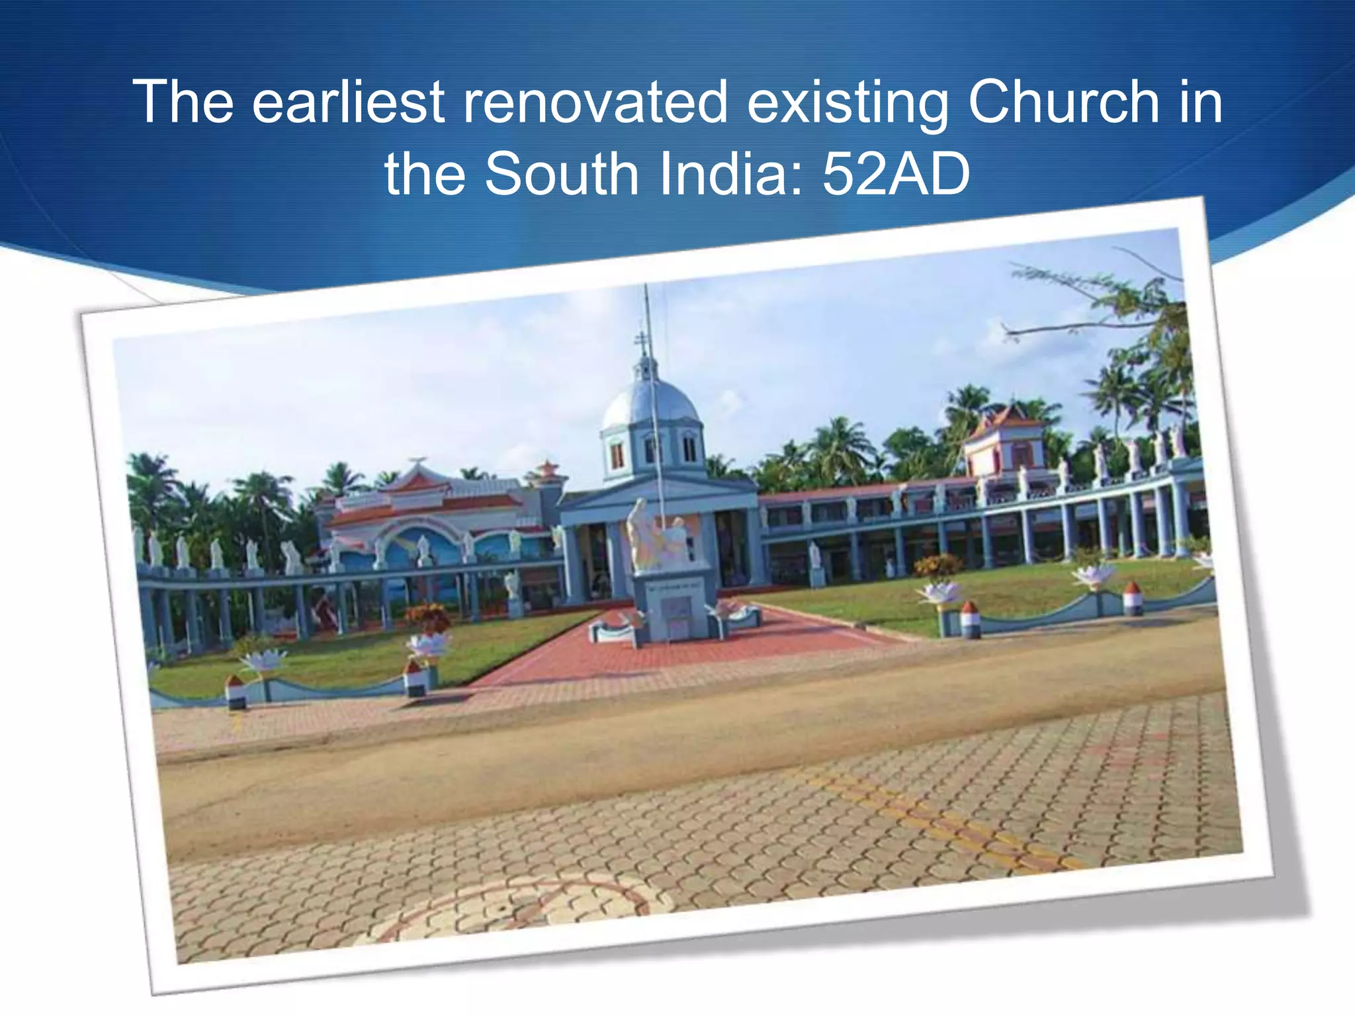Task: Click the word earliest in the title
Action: (347, 103)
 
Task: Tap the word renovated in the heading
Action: (593, 103)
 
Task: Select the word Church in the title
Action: (1063, 103)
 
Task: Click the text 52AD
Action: (896, 174)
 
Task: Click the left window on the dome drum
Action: (617, 456)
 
